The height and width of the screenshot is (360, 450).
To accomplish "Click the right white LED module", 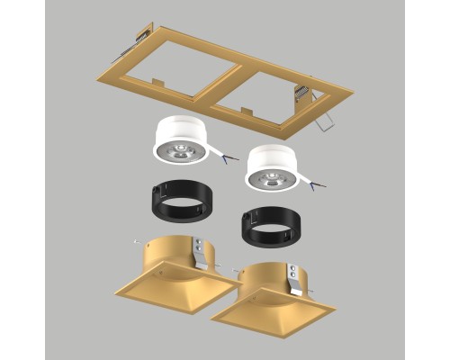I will [271, 164].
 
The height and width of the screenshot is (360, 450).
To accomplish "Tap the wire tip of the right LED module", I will [315, 186].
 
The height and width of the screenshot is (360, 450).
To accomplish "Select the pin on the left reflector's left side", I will [134, 241].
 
